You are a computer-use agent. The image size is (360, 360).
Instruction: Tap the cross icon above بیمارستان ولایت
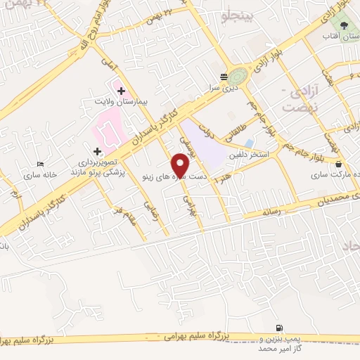(121, 91)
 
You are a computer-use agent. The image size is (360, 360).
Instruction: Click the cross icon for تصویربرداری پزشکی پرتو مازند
(97, 151)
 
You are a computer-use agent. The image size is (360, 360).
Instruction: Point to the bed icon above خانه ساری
(39, 164)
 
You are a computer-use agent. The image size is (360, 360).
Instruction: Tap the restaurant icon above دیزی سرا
(224, 77)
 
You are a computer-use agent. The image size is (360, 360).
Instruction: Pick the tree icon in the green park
(343, 24)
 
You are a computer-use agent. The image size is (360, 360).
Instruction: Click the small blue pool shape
(250, 144)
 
